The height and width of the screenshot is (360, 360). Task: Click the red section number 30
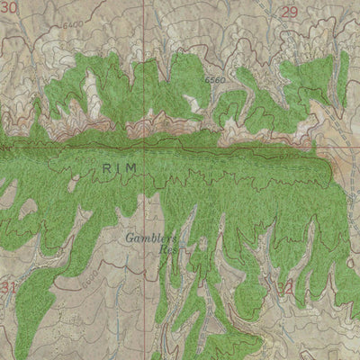(x=9, y=8)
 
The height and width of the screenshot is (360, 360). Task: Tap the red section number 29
(x=288, y=12)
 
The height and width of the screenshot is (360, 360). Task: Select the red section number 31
(x=9, y=287)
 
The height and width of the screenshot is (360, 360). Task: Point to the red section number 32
(x=288, y=286)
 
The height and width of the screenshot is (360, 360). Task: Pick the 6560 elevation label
(x=214, y=81)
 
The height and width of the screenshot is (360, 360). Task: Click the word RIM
(x=121, y=166)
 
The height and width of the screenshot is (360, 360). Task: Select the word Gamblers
(x=152, y=239)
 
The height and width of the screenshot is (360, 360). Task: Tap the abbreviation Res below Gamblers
(x=166, y=252)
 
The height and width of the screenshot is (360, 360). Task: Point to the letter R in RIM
(x=105, y=166)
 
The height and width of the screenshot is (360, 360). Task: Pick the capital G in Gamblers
(x=130, y=239)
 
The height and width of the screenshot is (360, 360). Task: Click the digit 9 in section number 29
(x=292, y=12)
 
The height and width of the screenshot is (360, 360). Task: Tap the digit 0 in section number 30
(x=13, y=8)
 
